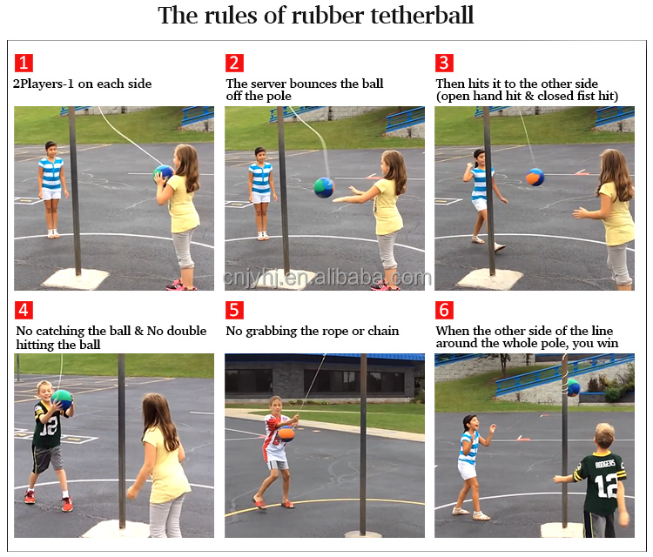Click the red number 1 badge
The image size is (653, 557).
click(x=24, y=63)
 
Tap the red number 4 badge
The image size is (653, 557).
click(x=24, y=310)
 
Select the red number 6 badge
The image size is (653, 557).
click(x=444, y=310)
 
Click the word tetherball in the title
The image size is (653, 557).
click(x=422, y=16)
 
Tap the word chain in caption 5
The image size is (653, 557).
click(x=383, y=331)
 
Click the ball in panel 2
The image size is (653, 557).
click(x=324, y=187)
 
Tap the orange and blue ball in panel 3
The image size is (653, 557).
click(x=535, y=177)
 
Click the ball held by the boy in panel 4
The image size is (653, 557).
click(x=62, y=399)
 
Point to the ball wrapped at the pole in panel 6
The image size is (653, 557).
click(x=573, y=387)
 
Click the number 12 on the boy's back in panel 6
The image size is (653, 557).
click(x=606, y=486)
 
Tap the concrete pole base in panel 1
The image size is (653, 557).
click(x=76, y=278)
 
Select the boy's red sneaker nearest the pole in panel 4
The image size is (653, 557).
click(x=67, y=504)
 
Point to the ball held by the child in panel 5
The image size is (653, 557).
click(x=286, y=433)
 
